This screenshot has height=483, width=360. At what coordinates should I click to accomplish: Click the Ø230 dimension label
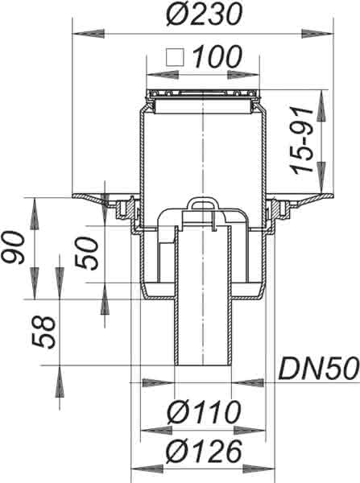click(204, 14)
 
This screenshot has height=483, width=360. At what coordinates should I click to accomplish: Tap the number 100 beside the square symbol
click(217, 56)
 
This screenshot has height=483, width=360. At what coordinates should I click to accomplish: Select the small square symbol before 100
click(175, 57)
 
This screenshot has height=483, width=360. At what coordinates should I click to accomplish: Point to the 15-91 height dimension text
click(300, 140)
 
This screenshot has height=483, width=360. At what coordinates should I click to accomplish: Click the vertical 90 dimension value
click(13, 248)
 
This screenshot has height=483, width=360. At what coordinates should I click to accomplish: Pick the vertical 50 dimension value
click(87, 254)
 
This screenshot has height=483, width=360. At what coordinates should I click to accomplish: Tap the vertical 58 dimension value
click(43, 332)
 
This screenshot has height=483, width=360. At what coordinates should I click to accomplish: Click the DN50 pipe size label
click(319, 368)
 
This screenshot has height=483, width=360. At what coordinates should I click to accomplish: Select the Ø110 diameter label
click(204, 412)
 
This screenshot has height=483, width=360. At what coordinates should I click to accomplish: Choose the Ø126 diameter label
click(204, 452)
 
